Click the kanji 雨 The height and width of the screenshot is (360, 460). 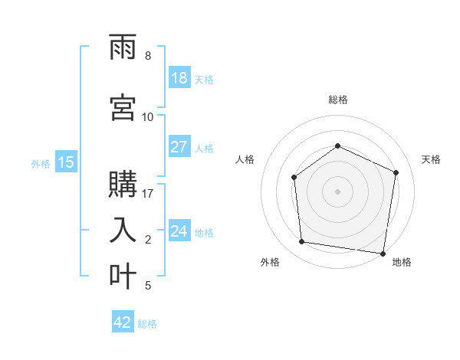click(123, 50)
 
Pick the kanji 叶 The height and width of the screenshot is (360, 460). click(123, 275)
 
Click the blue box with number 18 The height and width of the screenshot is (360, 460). click(179, 79)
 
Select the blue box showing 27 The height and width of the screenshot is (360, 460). click(179, 147)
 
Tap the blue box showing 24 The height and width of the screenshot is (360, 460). click(179, 232)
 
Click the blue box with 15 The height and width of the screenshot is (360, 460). click(65, 162)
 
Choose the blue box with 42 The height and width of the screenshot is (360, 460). click(123, 322)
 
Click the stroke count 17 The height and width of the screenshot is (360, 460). click(149, 193)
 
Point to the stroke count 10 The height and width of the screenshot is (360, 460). click(148, 116)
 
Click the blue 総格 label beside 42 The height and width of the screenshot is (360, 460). click(147, 324)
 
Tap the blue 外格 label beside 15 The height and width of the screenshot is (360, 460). click(40, 163)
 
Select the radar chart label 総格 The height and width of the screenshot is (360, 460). click(337, 100)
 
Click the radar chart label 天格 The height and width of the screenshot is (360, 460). click(431, 159)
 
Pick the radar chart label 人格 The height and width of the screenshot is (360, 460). click(245, 159)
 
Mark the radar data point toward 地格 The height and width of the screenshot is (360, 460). click(383, 254)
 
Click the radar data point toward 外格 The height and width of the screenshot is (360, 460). click(301, 242)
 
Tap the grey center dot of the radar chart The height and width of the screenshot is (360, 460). click(337, 191)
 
